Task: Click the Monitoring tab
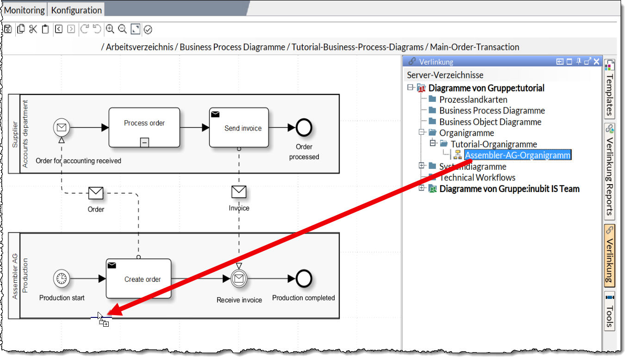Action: pyautogui.click(x=25, y=10)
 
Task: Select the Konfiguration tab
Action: pyautogui.click(x=76, y=10)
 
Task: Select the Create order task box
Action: pyautogui.click(x=138, y=279)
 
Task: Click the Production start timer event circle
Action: pyautogui.click(x=62, y=279)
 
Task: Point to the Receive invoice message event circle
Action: pyautogui.click(x=239, y=279)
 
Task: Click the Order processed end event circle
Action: pyautogui.click(x=304, y=128)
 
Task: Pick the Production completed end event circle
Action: pyautogui.click(x=304, y=279)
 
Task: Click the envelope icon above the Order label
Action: pyautogui.click(x=96, y=192)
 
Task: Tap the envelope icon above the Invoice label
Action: pyautogui.click(x=239, y=192)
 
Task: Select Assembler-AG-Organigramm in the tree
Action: pyautogui.click(x=517, y=155)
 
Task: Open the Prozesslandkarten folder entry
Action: pyautogui.click(x=473, y=99)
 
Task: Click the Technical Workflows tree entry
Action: pyautogui.click(x=477, y=178)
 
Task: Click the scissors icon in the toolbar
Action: pyautogui.click(x=33, y=30)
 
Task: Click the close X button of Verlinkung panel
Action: pyautogui.click(x=597, y=62)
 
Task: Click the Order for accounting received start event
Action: pyautogui.click(x=62, y=127)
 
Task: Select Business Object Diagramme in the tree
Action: pyautogui.click(x=490, y=122)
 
